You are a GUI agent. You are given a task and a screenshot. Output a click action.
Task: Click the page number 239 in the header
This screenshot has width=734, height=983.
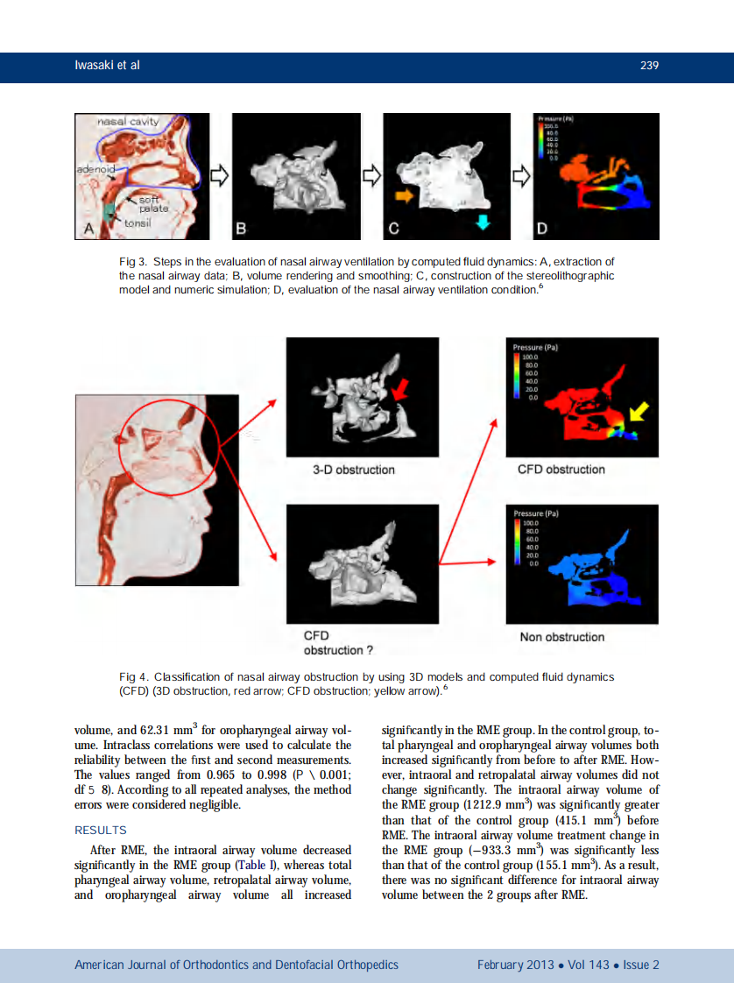[x=648, y=66]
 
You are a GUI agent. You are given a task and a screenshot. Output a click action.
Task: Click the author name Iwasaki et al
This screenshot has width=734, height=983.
[x=107, y=66]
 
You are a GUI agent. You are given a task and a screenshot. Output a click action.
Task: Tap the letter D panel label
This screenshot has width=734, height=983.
[x=542, y=230]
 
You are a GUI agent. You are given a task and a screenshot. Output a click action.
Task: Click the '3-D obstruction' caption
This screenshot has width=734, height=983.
[x=353, y=470]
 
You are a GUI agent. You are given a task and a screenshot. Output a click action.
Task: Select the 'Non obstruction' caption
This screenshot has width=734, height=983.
[x=561, y=637]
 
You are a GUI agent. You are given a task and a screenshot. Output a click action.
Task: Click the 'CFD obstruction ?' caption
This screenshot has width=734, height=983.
[x=333, y=643]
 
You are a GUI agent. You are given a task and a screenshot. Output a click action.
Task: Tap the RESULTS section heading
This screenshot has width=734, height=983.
[x=101, y=830]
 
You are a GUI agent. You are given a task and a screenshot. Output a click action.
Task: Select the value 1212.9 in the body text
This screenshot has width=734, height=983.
[x=455, y=804]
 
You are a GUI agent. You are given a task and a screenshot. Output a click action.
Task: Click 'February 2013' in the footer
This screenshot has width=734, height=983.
[x=515, y=965]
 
